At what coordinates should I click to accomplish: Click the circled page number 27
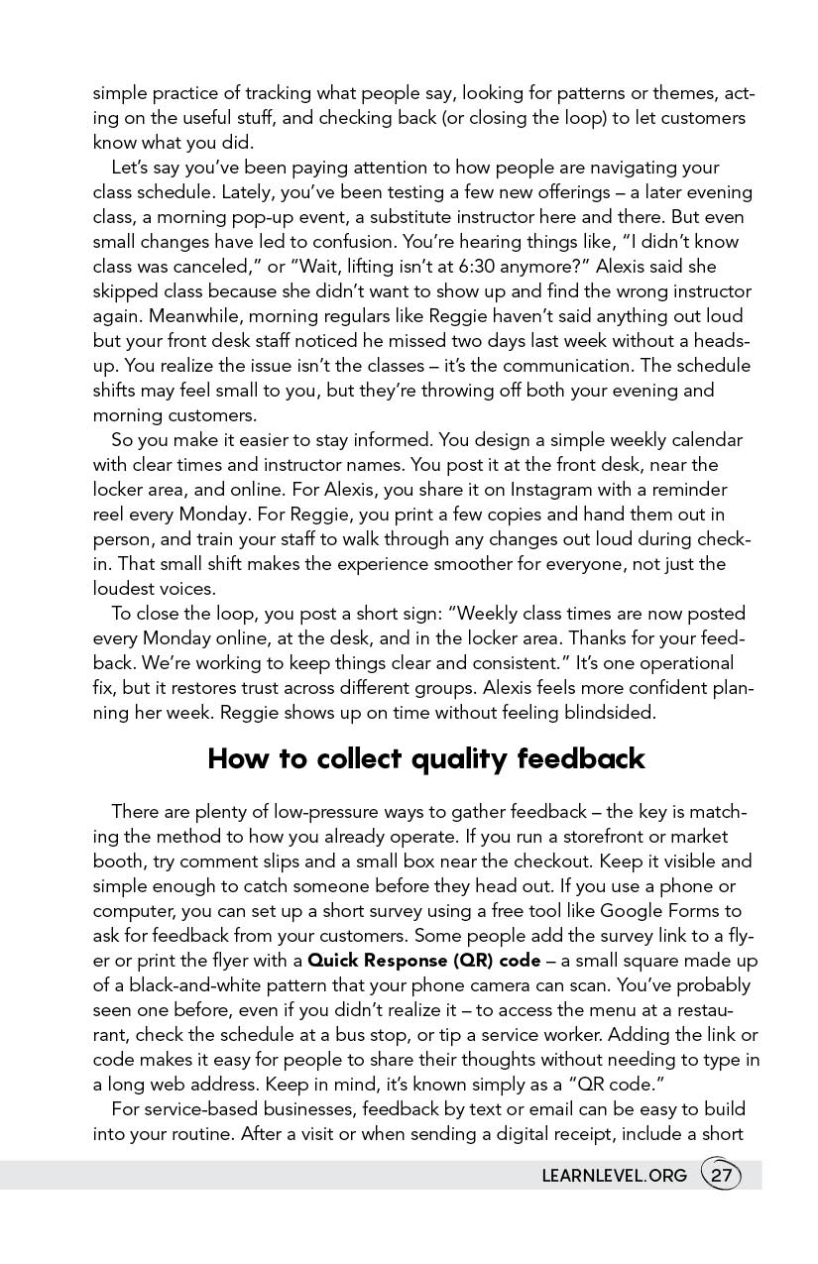[x=721, y=1176]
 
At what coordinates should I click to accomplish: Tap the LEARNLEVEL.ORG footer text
[x=614, y=1177]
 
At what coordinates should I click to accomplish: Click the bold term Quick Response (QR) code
[x=424, y=961]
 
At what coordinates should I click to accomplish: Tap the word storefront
[x=598, y=837]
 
